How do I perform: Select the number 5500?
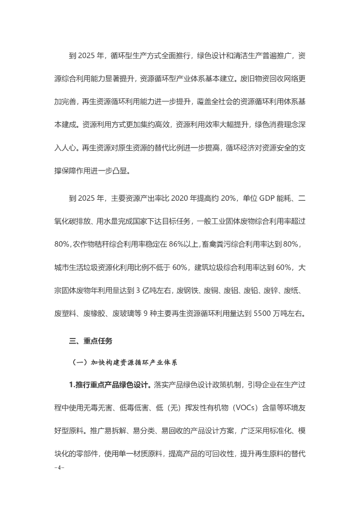(264, 314)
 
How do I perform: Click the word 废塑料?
(68, 314)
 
